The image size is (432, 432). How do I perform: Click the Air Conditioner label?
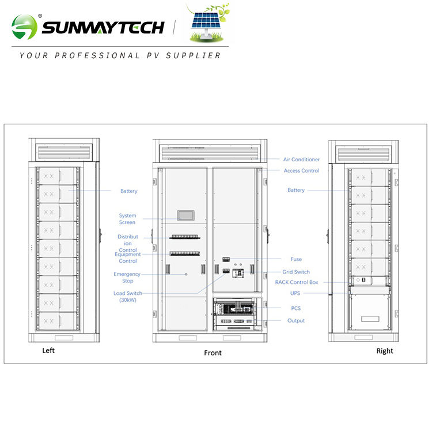[x=301, y=160]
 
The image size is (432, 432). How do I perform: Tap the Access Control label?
[x=301, y=170]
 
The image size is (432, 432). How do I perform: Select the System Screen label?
[x=127, y=219]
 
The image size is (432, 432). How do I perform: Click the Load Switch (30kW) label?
[x=127, y=297]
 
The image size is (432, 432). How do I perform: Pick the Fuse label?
[x=296, y=259]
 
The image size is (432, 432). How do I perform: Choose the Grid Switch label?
[x=296, y=272]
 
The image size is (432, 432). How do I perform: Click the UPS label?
[x=295, y=293]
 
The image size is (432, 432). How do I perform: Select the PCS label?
[x=295, y=308]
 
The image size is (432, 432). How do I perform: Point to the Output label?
[x=296, y=320]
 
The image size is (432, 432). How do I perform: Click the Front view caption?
[x=213, y=353]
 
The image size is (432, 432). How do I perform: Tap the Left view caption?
[x=49, y=351]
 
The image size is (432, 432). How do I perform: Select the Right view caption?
[x=385, y=351]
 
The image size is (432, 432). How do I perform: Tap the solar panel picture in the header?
[x=208, y=24]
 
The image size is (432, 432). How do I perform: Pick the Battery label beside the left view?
[x=129, y=191]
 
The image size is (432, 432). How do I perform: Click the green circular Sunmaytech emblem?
[x=24, y=27]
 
